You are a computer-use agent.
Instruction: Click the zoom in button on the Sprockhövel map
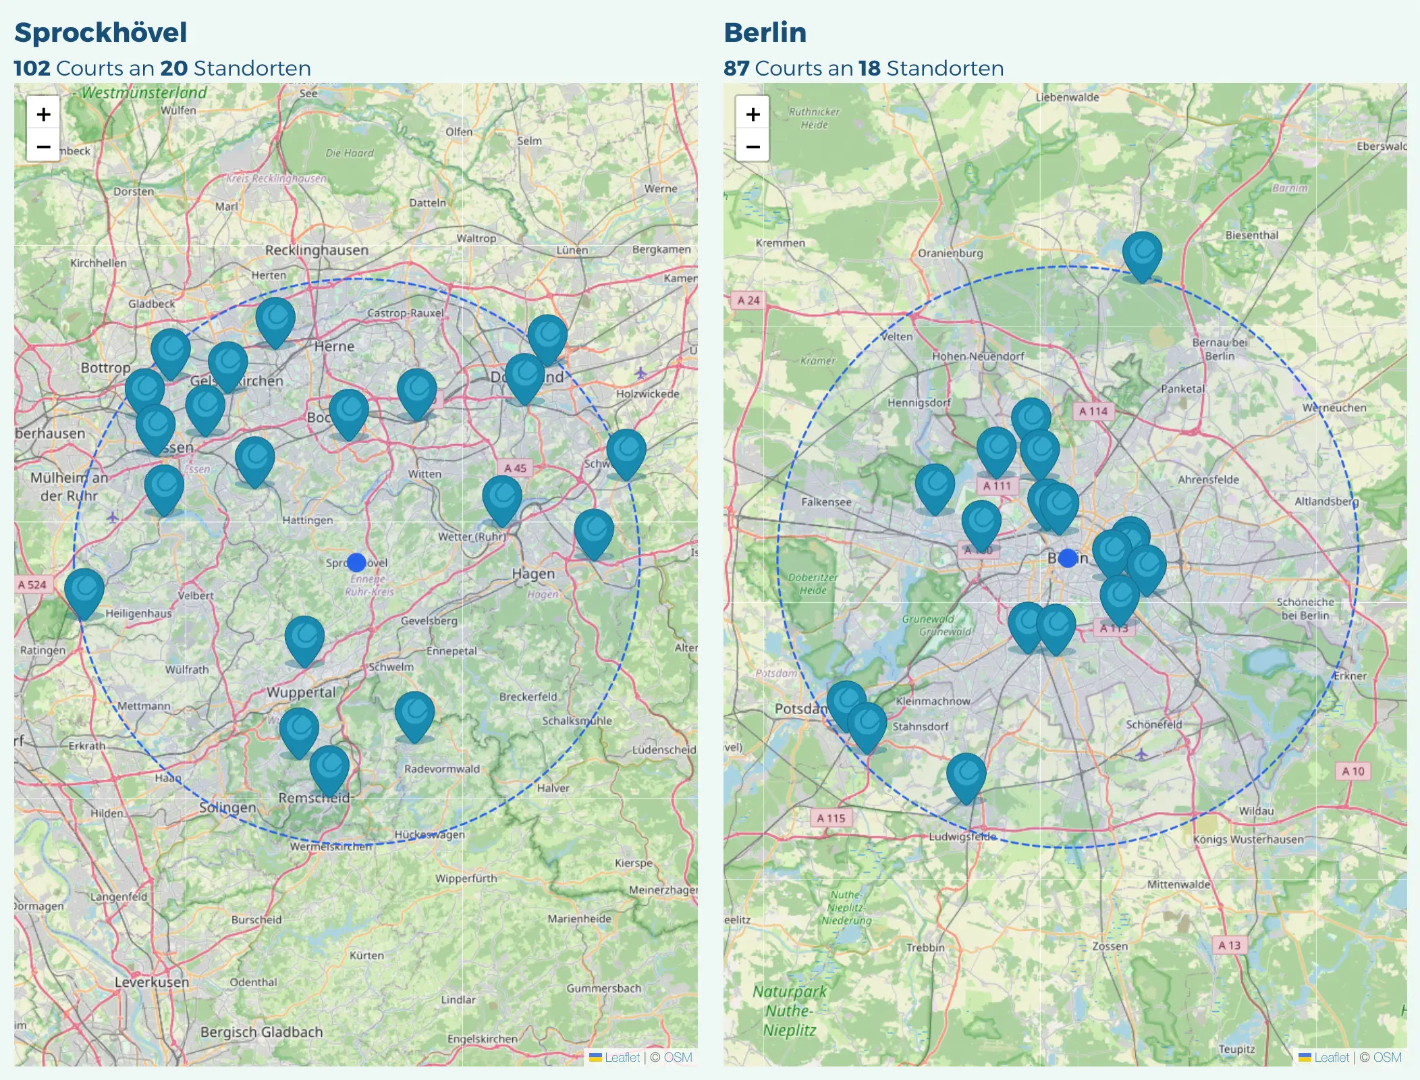pyautogui.click(x=43, y=114)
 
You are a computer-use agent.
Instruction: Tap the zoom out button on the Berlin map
pyautogui.click(x=753, y=146)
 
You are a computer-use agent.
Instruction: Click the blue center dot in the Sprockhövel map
pyautogui.click(x=356, y=562)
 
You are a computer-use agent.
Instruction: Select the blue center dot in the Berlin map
pyautogui.click(x=1068, y=558)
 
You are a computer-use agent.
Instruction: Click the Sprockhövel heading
pyautogui.click(x=101, y=32)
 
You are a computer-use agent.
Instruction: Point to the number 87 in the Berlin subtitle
pyautogui.click(x=736, y=68)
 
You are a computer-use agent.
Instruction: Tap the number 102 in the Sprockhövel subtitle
pyautogui.click(x=32, y=68)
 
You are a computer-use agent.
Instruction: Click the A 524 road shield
pyautogui.click(x=32, y=585)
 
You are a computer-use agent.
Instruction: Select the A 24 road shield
pyautogui.click(x=748, y=300)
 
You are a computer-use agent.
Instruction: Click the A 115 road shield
pyautogui.click(x=831, y=818)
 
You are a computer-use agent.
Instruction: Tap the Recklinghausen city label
pyautogui.click(x=317, y=250)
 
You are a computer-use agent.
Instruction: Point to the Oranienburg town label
pyautogui.click(x=950, y=253)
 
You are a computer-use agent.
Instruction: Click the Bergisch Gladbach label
pyautogui.click(x=261, y=1031)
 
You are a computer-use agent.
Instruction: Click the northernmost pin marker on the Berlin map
pyautogui.click(x=1142, y=254)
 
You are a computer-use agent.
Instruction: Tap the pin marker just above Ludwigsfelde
pyautogui.click(x=966, y=776)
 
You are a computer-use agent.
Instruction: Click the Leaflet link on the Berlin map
pyautogui.click(x=1331, y=1057)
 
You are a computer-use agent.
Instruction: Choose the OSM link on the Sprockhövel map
pyautogui.click(x=678, y=1057)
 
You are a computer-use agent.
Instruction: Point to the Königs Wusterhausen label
pyautogui.click(x=1248, y=839)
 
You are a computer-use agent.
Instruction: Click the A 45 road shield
pyautogui.click(x=515, y=468)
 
